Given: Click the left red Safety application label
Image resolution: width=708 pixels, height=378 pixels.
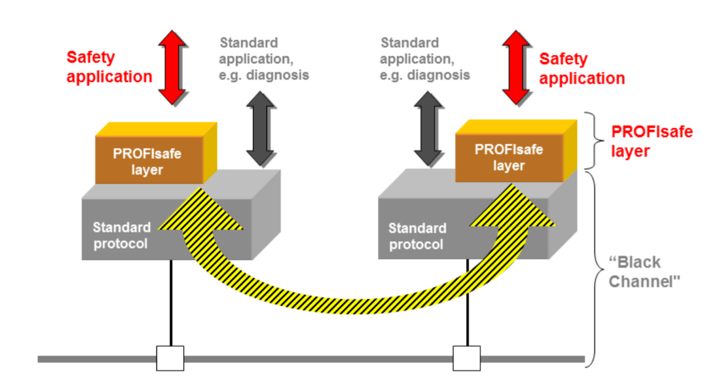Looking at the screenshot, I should [109, 67].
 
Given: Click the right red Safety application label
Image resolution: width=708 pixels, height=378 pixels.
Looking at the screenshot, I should [582, 68].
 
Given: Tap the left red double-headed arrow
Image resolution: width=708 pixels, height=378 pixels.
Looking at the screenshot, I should [172, 67].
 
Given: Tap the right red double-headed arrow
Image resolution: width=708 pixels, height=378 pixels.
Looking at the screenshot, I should [517, 67].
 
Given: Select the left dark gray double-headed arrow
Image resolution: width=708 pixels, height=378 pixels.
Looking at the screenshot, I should [261, 129].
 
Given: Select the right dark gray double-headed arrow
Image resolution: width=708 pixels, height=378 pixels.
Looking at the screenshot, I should [429, 129].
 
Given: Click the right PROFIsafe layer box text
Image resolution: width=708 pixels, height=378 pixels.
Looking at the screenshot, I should [508, 157].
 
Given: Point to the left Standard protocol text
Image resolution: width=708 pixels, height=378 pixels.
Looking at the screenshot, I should [121, 235].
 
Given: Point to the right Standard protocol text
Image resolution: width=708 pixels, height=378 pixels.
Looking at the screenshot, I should [417, 236].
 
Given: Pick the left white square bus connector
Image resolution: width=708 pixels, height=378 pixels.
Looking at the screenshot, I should [170, 358].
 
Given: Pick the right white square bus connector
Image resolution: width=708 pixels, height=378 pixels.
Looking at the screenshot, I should [467, 358].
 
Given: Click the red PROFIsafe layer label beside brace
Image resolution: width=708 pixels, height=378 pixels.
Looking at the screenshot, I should [651, 141].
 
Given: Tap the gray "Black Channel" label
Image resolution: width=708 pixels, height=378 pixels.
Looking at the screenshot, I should [642, 272].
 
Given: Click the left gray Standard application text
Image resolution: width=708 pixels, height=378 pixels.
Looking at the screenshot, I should [264, 59].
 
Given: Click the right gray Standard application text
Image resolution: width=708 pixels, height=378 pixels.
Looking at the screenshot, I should [425, 59].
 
